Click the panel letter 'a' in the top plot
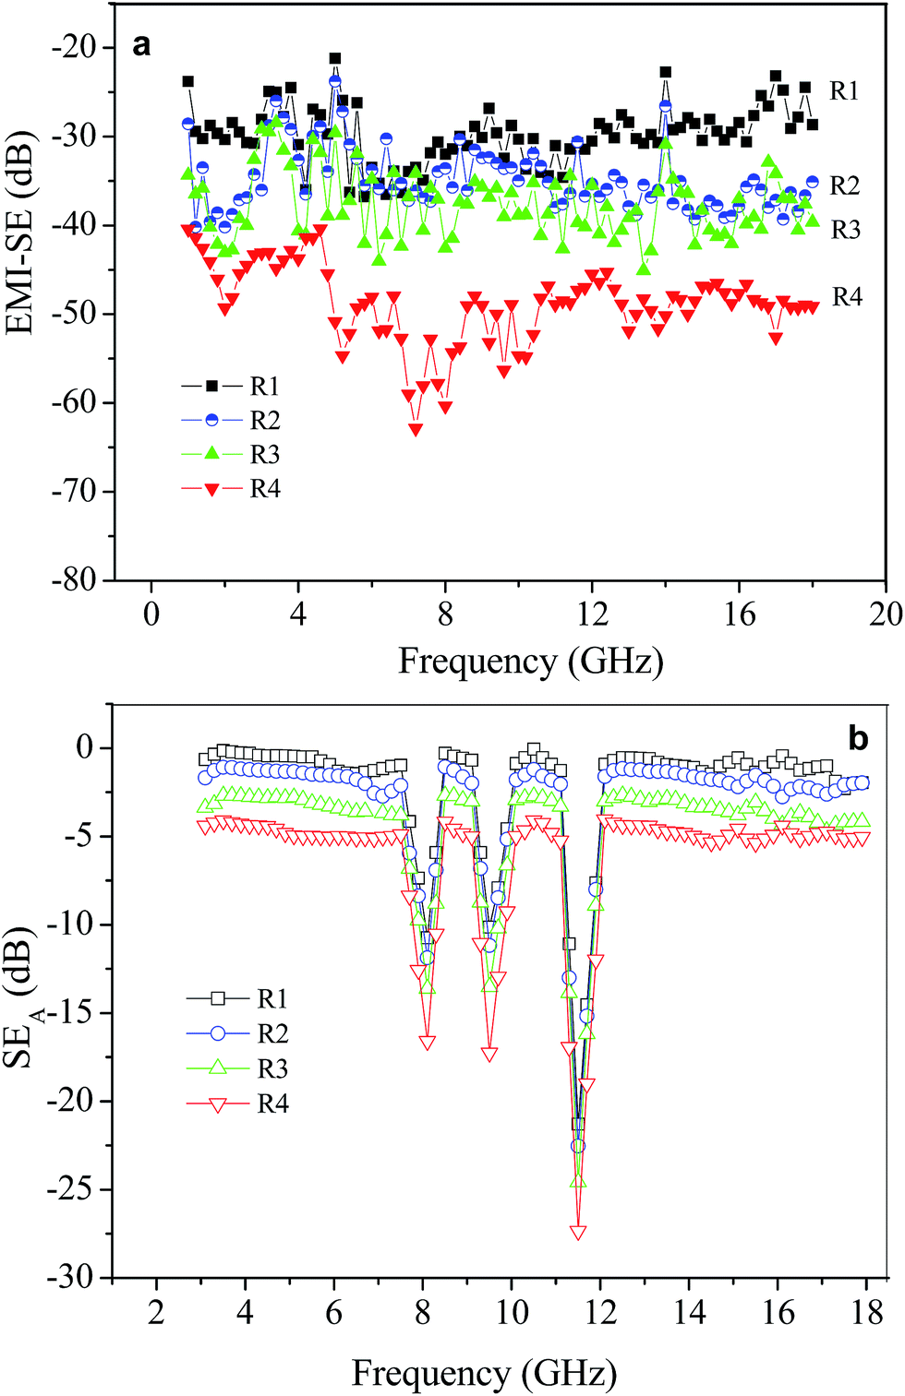pyautogui.click(x=140, y=44)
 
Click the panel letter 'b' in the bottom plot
pyautogui.click(x=858, y=738)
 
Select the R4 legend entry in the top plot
pyautogui.click(x=265, y=489)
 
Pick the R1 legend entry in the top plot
pyautogui.click(x=265, y=386)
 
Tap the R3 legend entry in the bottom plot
pyautogui.click(x=272, y=1068)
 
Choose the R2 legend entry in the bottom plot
pyautogui.click(x=272, y=1033)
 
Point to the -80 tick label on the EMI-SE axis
pyautogui.click(x=74, y=579)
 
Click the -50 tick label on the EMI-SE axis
pyautogui.click(x=74, y=314)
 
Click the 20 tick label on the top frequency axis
pyautogui.click(x=885, y=614)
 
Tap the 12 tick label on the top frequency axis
pyautogui.click(x=592, y=614)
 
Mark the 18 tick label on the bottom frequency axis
pyautogui.click(x=866, y=1313)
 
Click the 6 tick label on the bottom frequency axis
pyautogui.click(x=333, y=1313)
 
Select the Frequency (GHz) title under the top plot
pyautogui.click(x=530, y=662)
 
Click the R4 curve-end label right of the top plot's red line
pyautogui.click(x=847, y=297)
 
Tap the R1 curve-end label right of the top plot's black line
pyautogui.click(x=844, y=90)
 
